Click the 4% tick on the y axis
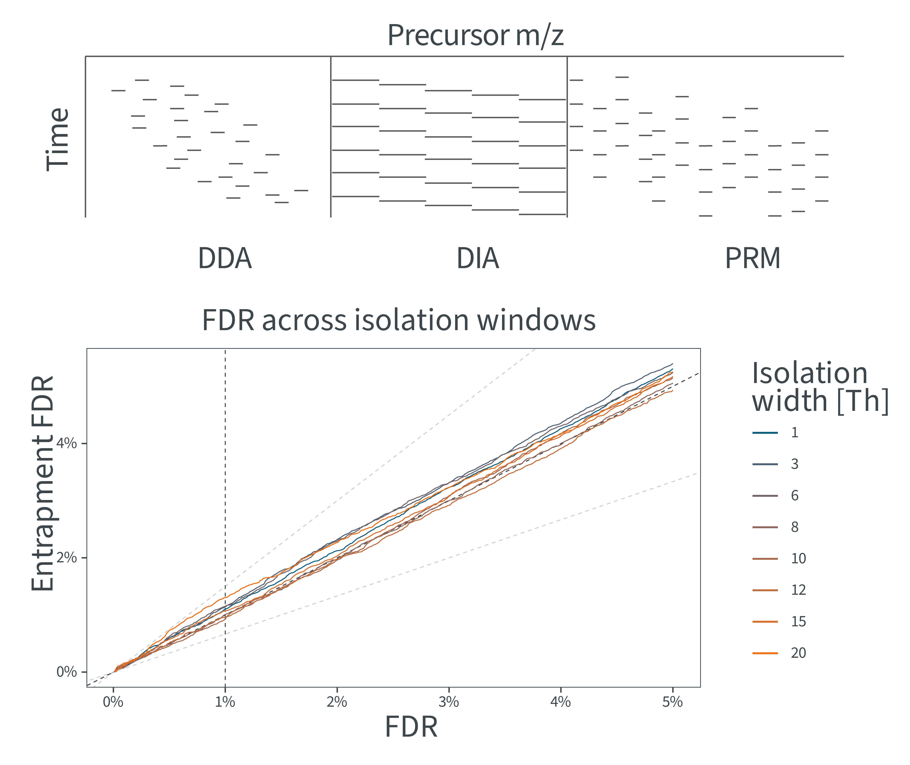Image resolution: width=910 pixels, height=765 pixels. click(x=66, y=443)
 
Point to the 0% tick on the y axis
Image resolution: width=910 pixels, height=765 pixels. click(x=66, y=672)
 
